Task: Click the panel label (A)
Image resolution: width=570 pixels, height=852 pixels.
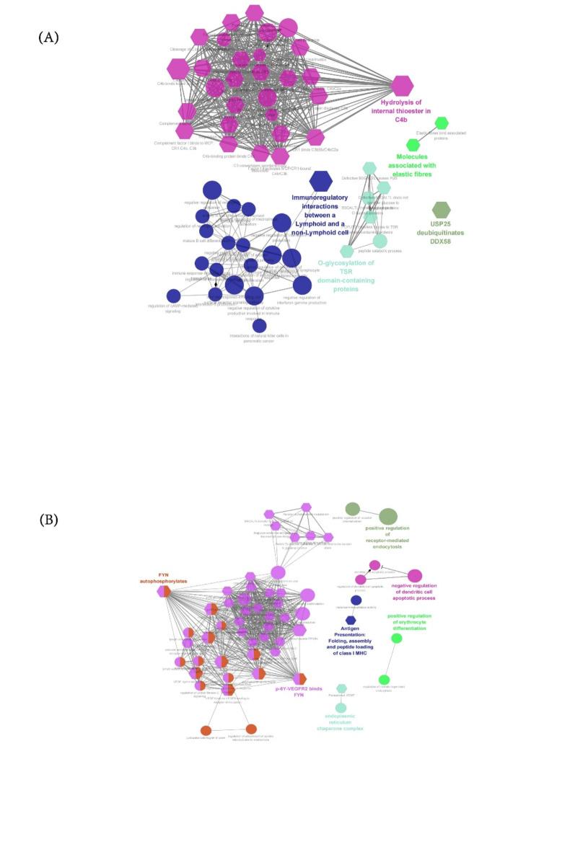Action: [48, 37]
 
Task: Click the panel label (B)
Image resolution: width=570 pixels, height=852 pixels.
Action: [48, 520]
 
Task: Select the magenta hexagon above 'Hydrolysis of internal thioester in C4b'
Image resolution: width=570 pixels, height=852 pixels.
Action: [402, 86]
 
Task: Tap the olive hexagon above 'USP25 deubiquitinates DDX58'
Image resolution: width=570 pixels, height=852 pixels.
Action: [441, 210]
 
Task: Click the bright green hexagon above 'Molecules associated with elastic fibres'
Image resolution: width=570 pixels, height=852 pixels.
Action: [413, 146]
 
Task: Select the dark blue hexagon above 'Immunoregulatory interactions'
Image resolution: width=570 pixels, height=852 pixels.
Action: [320, 181]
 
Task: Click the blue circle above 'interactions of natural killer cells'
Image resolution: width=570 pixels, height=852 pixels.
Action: [260, 326]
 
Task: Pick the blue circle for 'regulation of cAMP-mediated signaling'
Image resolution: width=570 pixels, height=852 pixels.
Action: [173, 296]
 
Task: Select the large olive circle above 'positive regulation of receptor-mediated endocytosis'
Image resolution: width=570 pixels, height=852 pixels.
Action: [388, 516]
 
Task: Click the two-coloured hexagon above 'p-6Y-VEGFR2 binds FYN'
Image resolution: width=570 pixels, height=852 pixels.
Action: [299, 678]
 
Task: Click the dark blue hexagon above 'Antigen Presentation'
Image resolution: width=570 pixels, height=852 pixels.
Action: [351, 620]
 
